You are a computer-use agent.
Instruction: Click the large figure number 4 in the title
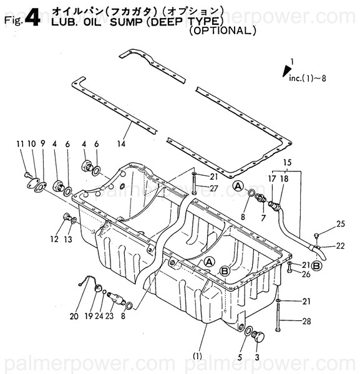pyautogui.click(x=32, y=18)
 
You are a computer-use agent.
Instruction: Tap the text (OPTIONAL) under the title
pyautogui.click(x=222, y=30)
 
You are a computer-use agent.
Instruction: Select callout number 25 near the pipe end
pyautogui.click(x=340, y=224)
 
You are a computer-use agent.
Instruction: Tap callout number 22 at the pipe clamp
pyautogui.click(x=340, y=246)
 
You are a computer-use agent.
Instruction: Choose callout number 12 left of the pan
pyautogui.click(x=54, y=239)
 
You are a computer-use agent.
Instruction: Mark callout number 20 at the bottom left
pyautogui.click(x=74, y=316)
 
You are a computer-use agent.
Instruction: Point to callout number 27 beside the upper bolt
pyautogui.click(x=214, y=188)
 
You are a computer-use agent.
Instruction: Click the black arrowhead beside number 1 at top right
pyautogui.click(x=288, y=65)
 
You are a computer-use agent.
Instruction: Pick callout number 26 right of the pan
pyautogui.click(x=306, y=274)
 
